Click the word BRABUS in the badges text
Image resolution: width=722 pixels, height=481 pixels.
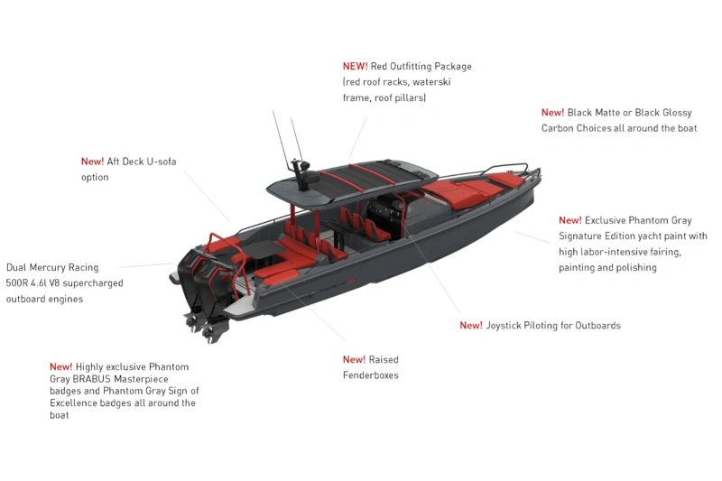[x=92, y=379]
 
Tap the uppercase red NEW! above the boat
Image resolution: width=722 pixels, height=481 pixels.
[x=355, y=66]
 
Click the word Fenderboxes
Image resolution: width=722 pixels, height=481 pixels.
[x=371, y=375]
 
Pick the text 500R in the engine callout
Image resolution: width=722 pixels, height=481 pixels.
[x=16, y=283]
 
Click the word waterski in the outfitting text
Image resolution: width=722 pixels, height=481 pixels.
[x=431, y=82]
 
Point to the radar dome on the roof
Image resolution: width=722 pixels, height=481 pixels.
[x=312, y=177]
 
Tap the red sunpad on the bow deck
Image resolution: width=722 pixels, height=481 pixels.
[x=469, y=189]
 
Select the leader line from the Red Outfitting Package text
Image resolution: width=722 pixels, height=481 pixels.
[x=357, y=138]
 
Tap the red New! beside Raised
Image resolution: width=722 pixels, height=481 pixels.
[x=354, y=359]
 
